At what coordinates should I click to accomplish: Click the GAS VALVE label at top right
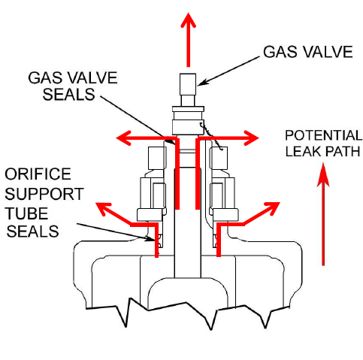click(x=308, y=52)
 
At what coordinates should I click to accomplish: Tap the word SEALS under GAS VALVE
click(x=68, y=94)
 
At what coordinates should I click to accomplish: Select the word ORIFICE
click(x=38, y=174)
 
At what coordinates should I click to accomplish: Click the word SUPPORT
click(x=44, y=194)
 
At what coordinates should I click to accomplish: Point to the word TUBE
click(x=26, y=213)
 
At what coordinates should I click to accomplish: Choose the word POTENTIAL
click(x=323, y=135)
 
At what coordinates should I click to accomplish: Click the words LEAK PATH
click(x=322, y=151)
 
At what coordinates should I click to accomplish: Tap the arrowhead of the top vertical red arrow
click(x=188, y=20)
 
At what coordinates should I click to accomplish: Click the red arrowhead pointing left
click(x=124, y=138)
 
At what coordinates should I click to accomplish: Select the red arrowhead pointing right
click(x=252, y=138)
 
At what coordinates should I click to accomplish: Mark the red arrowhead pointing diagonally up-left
click(x=103, y=209)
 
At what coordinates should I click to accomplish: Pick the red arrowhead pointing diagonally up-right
click(x=272, y=209)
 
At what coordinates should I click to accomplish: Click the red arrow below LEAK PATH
click(x=323, y=214)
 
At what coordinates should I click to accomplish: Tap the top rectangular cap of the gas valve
click(x=188, y=84)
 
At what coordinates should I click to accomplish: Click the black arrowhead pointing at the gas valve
click(x=202, y=83)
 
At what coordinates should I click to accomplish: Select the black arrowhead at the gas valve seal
click(x=172, y=141)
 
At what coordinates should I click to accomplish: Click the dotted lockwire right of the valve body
click(x=211, y=137)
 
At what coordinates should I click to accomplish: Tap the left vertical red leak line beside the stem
click(x=177, y=174)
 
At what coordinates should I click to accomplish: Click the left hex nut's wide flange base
click(x=150, y=215)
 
